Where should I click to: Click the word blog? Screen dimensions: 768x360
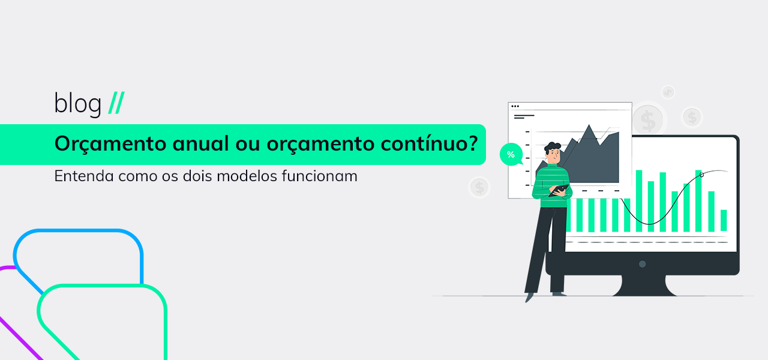tap(78, 104)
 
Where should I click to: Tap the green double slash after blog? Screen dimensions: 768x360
tap(116, 103)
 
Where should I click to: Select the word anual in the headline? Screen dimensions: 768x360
tap(200, 143)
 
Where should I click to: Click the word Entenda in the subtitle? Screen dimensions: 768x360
tap(83, 176)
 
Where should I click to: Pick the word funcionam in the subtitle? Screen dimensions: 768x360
tap(320, 176)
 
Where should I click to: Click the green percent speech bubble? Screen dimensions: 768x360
tap(511, 155)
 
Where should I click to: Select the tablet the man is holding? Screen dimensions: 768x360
tap(559, 190)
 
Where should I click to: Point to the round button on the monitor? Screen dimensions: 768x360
tap(643, 264)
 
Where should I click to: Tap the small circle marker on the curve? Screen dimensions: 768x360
tap(701, 175)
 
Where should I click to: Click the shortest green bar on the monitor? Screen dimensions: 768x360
tap(724, 220)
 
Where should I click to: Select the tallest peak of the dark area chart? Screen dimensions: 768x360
tap(589, 125)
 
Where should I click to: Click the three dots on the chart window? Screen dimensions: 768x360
tap(515, 106)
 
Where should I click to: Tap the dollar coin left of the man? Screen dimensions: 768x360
tap(479, 188)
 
